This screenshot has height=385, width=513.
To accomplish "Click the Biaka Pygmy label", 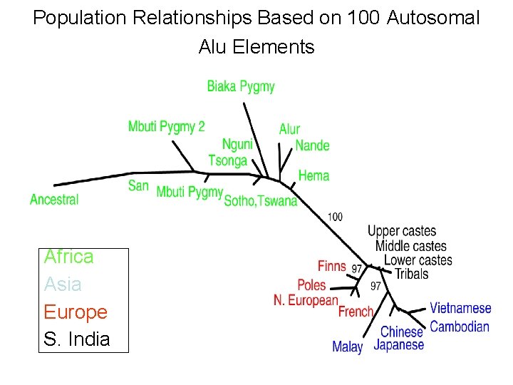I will pyautogui.click(x=241, y=86).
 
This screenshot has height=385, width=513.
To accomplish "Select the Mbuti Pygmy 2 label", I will pyautogui.click(x=166, y=127).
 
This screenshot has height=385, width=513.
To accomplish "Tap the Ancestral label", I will pyautogui.click(x=54, y=200).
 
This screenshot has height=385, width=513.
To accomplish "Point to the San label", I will pyautogui.click(x=138, y=186).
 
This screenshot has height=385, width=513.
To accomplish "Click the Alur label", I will pyautogui.click(x=289, y=129).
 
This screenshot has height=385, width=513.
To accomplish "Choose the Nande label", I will pyautogui.click(x=312, y=145).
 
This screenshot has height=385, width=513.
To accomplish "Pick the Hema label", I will pyautogui.click(x=313, y=175).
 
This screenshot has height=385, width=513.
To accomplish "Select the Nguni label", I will pyautogui.click(x=237, y=145).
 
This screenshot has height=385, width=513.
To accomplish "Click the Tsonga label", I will pyautogui.click(x=227, y=160).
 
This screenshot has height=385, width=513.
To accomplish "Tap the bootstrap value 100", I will pyautogui.click(x=335, y=216).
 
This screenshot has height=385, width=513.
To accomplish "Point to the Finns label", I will pyautogui.click(x=331, y=266).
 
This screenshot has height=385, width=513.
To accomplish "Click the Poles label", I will pyautogui.click(x=311, y=285).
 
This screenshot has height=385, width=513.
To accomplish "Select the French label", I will pyautogui.click(x=356, y=312).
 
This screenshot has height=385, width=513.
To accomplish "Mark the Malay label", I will pyautogui.click(x=347, y=347).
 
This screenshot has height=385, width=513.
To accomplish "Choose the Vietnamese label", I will pyautogui.click(x=460, y=309).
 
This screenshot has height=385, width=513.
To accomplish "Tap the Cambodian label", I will pyautogui.click(x=460, y=327).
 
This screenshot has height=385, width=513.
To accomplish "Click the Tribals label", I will pyautogui.click(x=411, y=274).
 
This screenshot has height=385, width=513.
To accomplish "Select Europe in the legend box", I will pyautogui.click(x=76, y=312).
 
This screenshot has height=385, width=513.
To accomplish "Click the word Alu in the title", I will pyautogui.click(x=213, y=47).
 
